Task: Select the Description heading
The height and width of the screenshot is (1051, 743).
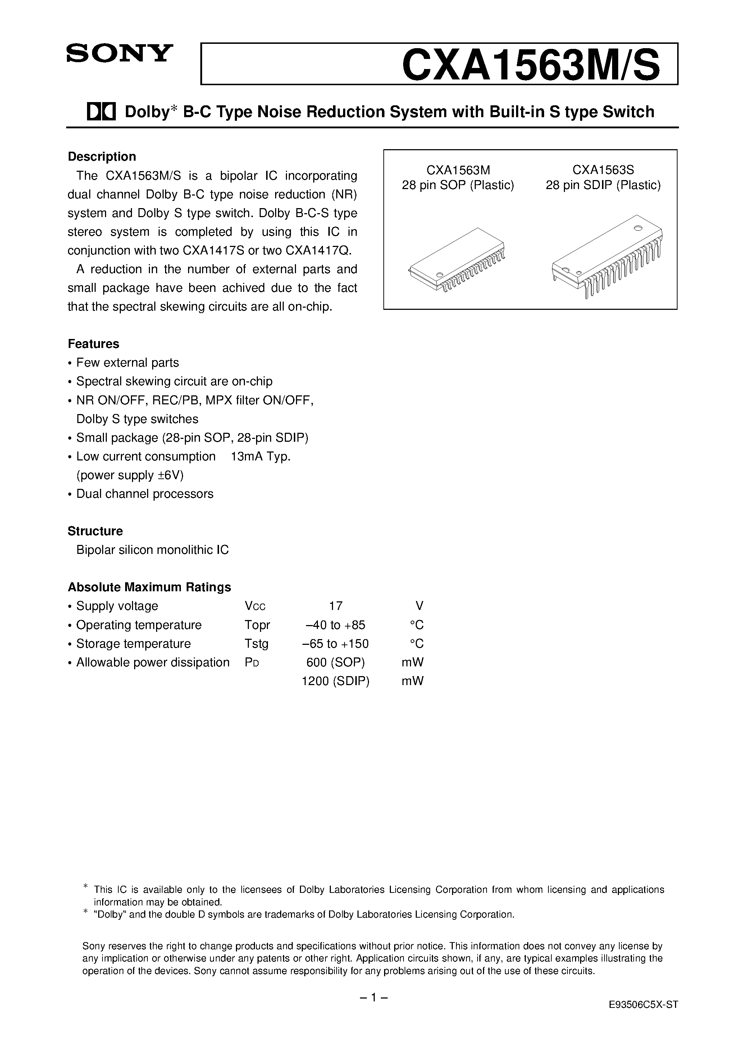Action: [102, 157]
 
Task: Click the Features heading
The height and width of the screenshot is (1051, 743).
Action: [94, 344]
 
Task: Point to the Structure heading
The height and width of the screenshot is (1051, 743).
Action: [95, 531]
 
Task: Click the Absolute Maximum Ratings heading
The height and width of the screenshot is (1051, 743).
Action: [149, 587]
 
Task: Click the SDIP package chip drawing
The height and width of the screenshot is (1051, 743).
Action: [607, 256]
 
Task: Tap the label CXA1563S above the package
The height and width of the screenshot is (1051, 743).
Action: [603, 170]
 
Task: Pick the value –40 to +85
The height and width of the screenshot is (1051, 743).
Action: [335, 625]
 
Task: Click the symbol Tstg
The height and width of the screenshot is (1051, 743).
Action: [256, 644]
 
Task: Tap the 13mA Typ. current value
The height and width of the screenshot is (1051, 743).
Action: [261, 456]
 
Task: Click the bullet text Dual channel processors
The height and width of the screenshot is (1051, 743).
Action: [145, 494]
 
